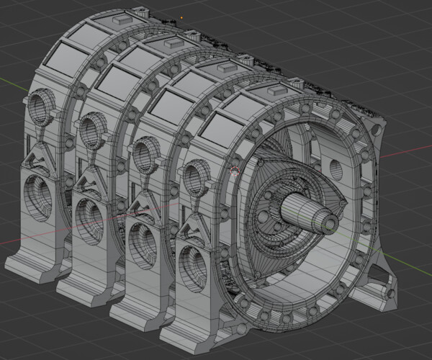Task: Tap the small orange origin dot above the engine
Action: click(182, 15)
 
